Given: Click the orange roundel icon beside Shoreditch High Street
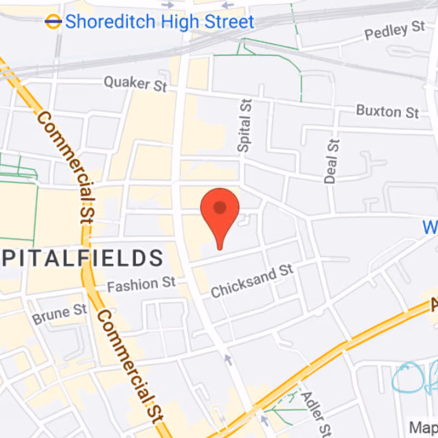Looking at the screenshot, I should coord(53,21).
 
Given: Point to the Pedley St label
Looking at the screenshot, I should coord(395,31).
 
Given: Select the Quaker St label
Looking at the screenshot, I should coord(135,84).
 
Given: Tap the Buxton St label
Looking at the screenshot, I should coord(387,112).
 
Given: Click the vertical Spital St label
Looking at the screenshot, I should coord(244,125).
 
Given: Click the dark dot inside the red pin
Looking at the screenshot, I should coord(220,208).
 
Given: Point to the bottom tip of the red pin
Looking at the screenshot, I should coord(220,249).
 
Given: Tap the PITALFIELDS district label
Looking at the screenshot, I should coord(82,257).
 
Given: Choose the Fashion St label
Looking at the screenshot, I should coord(141,284).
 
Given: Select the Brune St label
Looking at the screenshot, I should coord(60,314).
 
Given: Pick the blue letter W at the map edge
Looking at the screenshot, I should coord(430,227).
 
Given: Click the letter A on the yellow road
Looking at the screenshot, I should coord(433,303).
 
